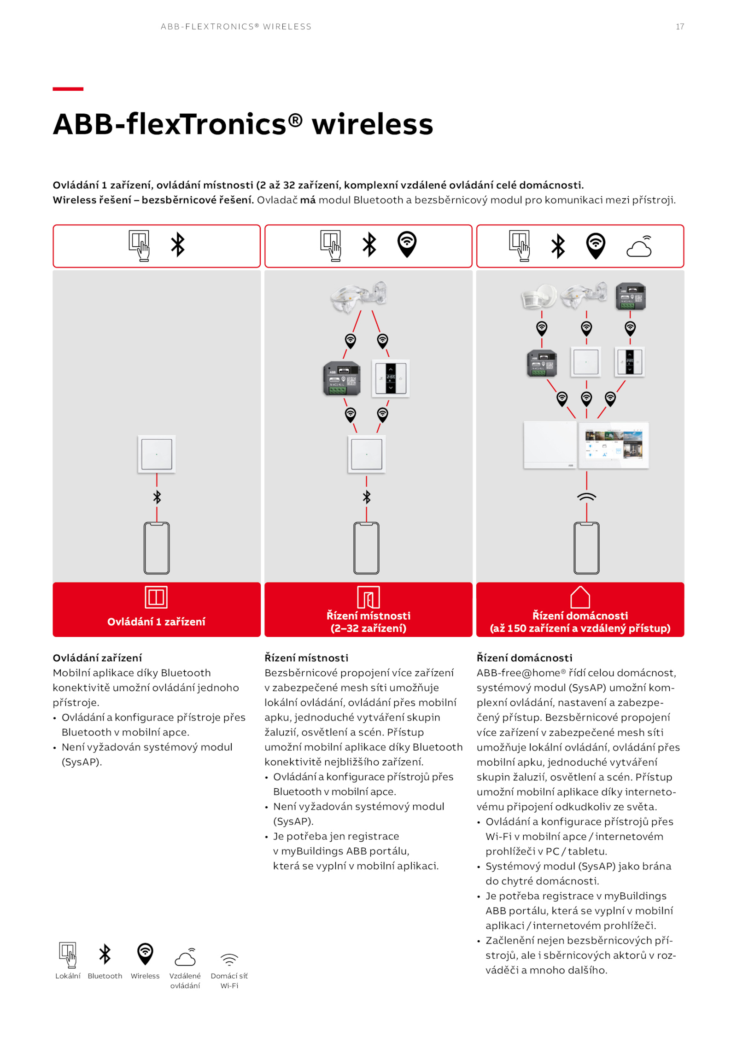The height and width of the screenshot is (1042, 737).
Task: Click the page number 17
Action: click(679, 27)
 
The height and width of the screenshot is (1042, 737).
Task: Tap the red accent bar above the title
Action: click(68, 89)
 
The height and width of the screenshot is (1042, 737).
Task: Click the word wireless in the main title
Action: click(372, 124)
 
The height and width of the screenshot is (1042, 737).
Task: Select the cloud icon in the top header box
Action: click(639, 247)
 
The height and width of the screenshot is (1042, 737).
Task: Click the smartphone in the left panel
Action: click(157, 547)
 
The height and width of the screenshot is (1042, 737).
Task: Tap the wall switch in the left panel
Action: click(157, 454)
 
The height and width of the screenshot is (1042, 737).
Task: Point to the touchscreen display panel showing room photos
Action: click(613, 445)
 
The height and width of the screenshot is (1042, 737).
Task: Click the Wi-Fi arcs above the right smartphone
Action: click(586, 497)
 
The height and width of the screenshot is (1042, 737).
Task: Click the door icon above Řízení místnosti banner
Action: click(368, 597)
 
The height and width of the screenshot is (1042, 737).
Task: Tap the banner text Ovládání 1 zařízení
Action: click(156, 622)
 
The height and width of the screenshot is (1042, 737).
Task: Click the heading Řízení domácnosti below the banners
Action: click(524, 658)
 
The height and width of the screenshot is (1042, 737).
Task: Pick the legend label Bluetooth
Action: click(105, 976)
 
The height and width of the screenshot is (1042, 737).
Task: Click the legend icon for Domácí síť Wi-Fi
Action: click(229, 960)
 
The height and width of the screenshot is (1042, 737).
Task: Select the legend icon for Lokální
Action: click(68, 955)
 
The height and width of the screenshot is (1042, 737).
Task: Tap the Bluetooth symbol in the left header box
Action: click(178, 244)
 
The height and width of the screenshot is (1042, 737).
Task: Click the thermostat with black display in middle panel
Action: click(391, 378)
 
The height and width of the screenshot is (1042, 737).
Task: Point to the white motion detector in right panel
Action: click(538, 296)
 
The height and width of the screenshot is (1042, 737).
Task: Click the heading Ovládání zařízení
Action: click(97, 658)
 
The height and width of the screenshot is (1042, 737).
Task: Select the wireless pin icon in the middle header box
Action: click(407, 244)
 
